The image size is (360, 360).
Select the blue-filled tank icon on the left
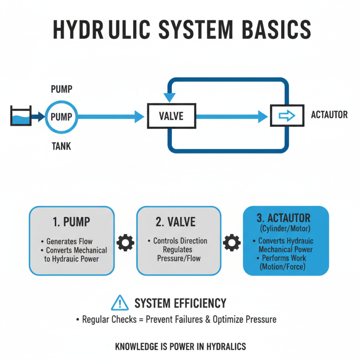pos(20,117)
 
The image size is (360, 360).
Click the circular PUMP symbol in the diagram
pos(61,117)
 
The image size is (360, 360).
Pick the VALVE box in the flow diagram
pos(171,117)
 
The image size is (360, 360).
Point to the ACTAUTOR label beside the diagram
pos(329,115)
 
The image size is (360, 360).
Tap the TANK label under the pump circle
pos(61,147)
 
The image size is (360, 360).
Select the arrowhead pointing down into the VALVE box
pos(171,97)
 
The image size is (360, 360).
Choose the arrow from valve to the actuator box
pos(232,117)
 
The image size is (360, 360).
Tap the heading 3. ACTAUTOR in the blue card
pos(283,218)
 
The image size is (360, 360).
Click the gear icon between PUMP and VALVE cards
pos(125,243)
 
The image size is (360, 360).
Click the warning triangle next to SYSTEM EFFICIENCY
pos(119,303)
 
